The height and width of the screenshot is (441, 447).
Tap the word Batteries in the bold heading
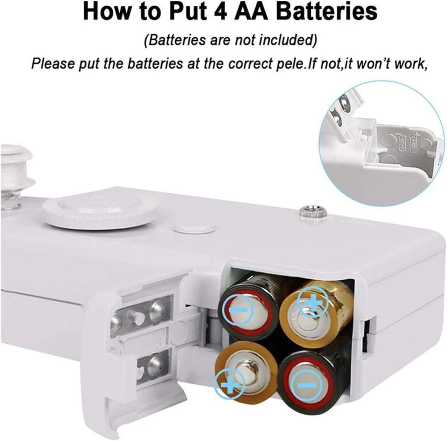point(327,12)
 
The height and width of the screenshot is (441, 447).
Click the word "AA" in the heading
point(253,12)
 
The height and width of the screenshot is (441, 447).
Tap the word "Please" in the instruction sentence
point(53,64)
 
